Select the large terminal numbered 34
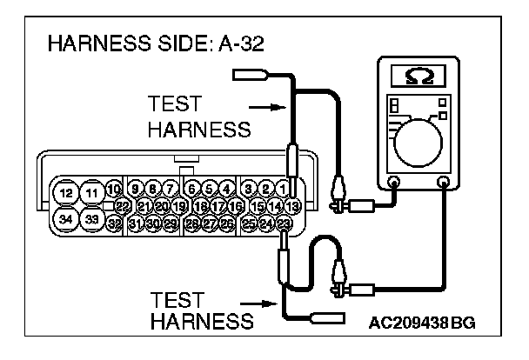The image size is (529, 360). coord(64,218)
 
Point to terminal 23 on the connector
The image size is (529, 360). coord(284,223)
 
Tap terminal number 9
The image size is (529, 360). coord(135,188)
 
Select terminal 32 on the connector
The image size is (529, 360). coord(114,223)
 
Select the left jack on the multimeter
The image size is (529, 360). coord(393,183)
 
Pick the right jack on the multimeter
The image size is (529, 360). coord(444,183)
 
